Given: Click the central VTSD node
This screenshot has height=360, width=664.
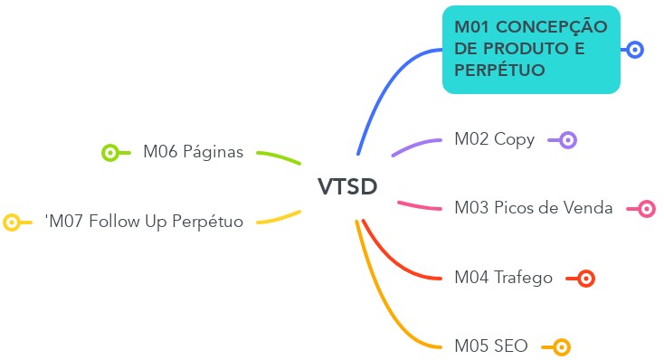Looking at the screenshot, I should (347, 186).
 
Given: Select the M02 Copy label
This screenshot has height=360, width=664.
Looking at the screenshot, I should (494, 139).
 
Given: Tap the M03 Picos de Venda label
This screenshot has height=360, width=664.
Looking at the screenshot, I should (533, 208).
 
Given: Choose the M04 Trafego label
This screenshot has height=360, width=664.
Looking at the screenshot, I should (503, 278).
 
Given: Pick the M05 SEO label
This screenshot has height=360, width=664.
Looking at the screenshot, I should (491, 346).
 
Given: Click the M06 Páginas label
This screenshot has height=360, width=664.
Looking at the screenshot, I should (193, 152).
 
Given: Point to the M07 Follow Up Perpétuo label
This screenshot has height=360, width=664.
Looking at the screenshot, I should (145, 221).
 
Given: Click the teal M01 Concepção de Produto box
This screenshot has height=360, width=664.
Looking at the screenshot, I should (530, 49).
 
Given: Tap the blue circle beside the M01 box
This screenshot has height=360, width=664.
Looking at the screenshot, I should (635, 50).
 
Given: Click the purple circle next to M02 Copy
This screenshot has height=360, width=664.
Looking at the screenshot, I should (568, 140).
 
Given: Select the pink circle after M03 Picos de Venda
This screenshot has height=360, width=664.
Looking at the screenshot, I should (647, 209).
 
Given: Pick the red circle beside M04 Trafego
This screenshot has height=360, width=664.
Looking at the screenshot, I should (585, 279).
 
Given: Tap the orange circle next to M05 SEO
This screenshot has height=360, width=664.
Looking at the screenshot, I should (561, 347).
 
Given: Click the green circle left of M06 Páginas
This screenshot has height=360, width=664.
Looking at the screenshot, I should (110, 153).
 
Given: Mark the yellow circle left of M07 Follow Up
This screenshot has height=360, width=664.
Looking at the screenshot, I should (12, 222).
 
